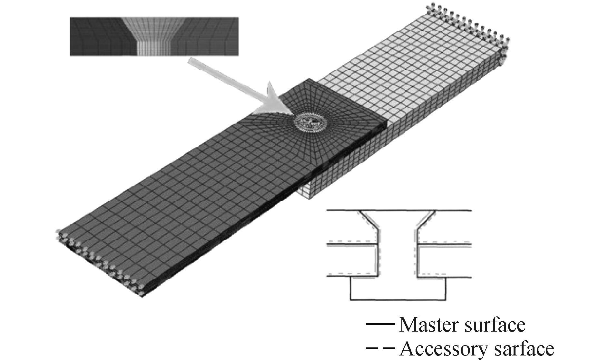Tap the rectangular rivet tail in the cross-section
click(398, 289)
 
